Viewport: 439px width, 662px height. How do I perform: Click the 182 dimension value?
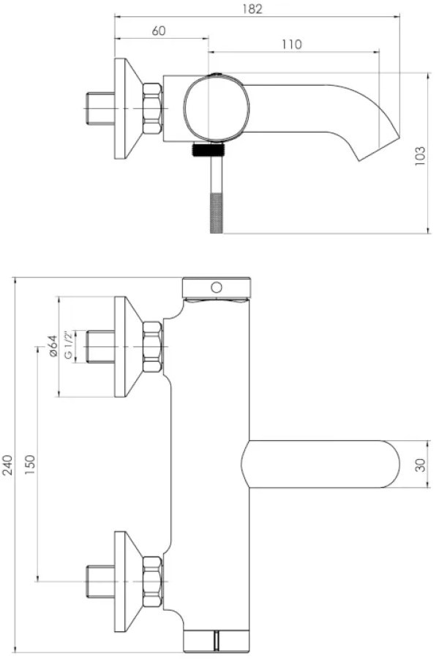(252, 9)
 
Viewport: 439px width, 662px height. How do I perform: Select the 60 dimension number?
(159, 31)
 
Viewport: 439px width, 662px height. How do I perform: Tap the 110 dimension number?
(292, 45)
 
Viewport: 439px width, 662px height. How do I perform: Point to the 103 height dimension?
(420, 156)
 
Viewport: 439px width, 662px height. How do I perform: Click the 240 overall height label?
(8, 465)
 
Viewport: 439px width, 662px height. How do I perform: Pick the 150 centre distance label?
(30, 465)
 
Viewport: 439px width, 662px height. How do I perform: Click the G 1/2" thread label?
(68, 346)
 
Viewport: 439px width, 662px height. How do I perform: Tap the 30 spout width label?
(421, 464)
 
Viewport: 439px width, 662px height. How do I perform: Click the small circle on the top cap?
(217, 288)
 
